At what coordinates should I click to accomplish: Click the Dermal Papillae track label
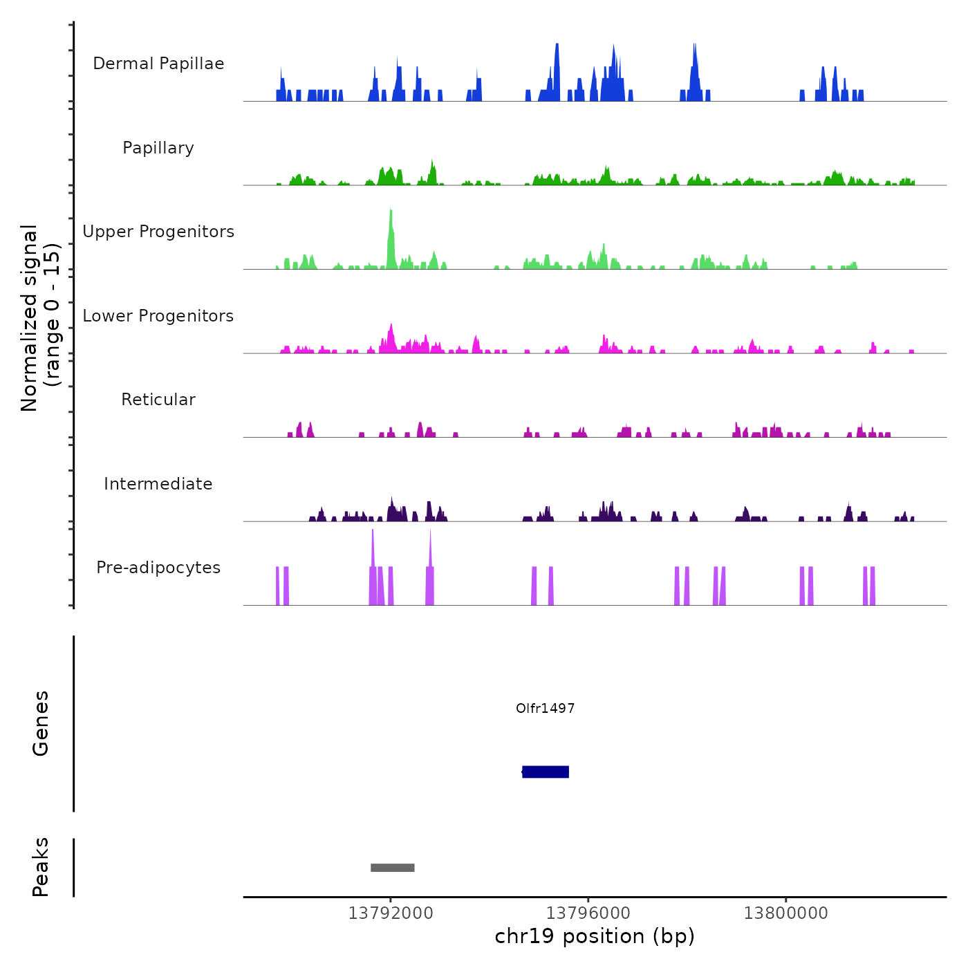(158, 64)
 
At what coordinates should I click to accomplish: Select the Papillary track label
(158, 148)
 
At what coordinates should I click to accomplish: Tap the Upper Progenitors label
(158, 232)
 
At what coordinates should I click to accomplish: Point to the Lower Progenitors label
(158, 316)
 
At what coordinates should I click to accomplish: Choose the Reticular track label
(158, 400)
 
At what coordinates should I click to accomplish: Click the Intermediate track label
(158, 484)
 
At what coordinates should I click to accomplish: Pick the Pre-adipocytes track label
(158, 568)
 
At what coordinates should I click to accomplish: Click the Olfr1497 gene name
(545, 708)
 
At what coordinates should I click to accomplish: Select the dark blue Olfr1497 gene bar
(546, 772)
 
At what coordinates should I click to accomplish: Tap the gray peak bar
(392, 868)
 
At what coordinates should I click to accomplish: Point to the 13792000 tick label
(391, 913)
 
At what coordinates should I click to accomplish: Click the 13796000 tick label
(588, 913)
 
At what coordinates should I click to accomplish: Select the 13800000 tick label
(786, 913)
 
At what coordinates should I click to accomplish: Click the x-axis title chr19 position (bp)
(595, 936)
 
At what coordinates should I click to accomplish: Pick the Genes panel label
(41, 723)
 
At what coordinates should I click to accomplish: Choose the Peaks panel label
(41, 867)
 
